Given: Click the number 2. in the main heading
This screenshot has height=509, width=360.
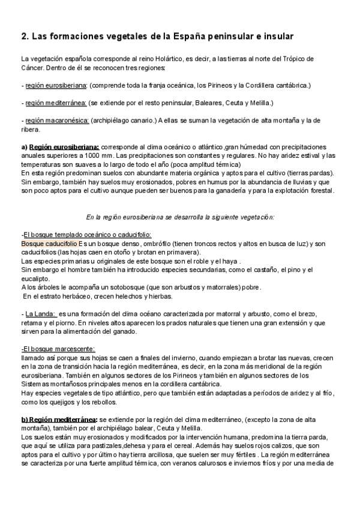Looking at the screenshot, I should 25,36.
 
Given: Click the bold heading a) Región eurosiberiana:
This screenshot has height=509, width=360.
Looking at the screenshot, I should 60,146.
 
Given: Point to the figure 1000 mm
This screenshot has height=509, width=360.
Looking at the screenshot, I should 98,154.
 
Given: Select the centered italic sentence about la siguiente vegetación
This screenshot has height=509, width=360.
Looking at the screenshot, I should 180,217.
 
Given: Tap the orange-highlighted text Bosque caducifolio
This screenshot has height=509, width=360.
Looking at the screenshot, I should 49,244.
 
